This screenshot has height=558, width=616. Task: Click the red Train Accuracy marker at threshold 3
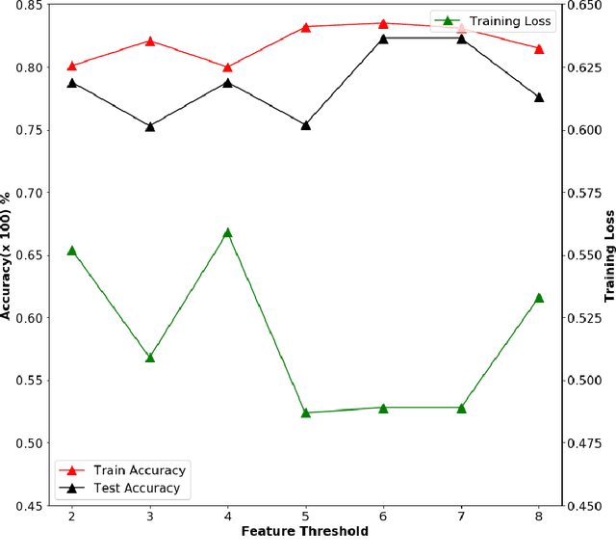tap(150, 41)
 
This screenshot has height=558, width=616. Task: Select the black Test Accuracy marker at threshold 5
tap(306, 124)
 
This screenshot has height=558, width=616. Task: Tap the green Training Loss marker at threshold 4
tap(228, 232)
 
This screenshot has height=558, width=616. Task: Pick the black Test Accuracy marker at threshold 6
tap(383, 39)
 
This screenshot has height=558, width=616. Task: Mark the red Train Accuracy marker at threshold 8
tap(539, 48)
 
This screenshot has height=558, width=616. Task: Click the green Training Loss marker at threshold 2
tap(72, 251)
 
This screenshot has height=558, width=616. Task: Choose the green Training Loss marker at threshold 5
tap(306, 412)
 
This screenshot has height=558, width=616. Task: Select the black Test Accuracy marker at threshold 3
tap(150, 126)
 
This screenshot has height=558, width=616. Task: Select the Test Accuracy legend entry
tap(136, 488)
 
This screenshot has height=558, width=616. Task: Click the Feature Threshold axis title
tap(305, 531)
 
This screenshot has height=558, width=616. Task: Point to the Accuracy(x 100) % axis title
tap(9, 254)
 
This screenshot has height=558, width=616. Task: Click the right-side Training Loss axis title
tap(608, 255)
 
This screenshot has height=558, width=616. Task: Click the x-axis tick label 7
tap(461, 516)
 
